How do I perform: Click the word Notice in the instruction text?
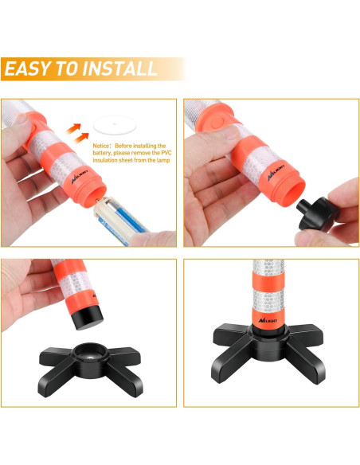coord(101,147)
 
